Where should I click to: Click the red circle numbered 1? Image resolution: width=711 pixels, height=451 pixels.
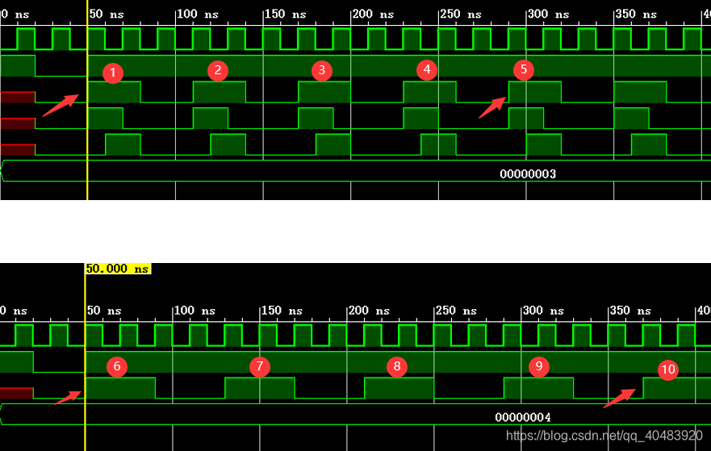click(113, 73)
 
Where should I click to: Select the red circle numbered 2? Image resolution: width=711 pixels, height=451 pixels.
click(216, 70)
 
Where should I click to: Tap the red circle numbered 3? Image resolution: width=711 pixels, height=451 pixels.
click(322, 70)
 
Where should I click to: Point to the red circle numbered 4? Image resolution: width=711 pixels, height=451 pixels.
click(427, 70)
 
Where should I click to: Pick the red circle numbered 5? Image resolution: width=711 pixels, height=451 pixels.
click(523, 69)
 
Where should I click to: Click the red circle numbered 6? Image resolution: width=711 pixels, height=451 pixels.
click(117, 367)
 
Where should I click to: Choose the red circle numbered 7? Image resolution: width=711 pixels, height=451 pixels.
click(259, 367)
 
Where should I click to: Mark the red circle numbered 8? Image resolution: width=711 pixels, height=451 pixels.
click(396, 367)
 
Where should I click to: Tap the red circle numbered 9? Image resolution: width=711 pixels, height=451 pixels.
click(538, 366)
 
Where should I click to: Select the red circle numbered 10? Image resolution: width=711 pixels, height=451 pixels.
click(667, 370)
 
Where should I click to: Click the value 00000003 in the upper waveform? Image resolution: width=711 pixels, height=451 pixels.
click(528, 174)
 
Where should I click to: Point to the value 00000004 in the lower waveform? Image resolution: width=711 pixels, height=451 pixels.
click(523, 417)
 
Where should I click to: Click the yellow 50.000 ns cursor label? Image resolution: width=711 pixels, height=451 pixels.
click(118, 269)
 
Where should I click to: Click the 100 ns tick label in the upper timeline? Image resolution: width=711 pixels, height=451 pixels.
click(197, 15)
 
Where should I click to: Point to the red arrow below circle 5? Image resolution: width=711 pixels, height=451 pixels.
click(493, 107)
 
